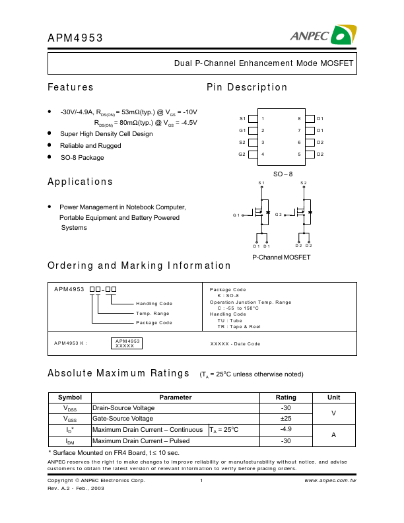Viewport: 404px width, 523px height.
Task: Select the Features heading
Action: tap(71, 87)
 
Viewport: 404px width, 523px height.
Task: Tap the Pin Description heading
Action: tap(247, 87)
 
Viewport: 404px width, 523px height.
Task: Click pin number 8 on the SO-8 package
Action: tap(299, 119)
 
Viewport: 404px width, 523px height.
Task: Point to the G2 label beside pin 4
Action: tap(242, 155)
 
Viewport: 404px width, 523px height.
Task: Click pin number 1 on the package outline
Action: tap(263, 119)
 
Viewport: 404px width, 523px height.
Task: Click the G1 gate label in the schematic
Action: tap(237, 215)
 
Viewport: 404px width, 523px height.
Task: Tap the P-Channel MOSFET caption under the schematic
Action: tap(281, 257)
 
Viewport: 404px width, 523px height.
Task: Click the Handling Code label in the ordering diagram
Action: tap(154, 303)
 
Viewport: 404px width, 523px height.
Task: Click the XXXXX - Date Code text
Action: tap(235, 343)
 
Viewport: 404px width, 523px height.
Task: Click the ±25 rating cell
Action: tap(286, 419)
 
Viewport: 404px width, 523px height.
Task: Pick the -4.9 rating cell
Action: tap(286, 429)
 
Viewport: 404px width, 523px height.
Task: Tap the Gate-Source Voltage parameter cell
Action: tap(123, 419)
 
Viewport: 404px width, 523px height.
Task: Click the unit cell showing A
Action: tap(334, 435)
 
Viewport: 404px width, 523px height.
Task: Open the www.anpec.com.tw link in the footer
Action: tap(330, 481)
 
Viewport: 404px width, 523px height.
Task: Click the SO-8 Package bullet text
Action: tap(82, 157)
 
